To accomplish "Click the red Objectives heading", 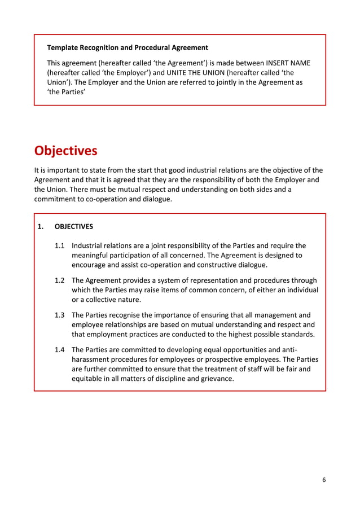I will coord(65,151).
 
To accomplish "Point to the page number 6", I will coord(324,480).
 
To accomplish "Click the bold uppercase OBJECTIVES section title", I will coord(74,227).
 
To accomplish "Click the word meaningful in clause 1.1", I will coord(91,256).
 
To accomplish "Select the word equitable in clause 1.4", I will coord(88,379).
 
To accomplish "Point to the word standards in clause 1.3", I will coord(295,334).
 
